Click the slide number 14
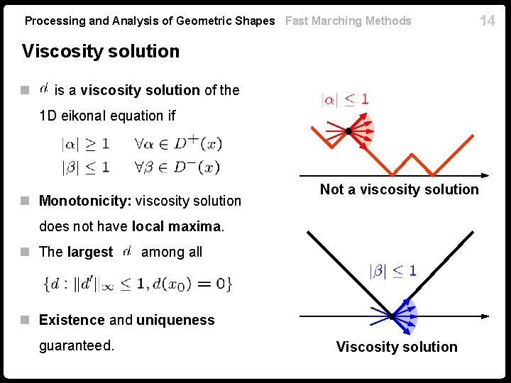[x=488, y=20]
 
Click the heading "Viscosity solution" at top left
[x=101, y=52]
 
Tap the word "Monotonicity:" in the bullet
[x=84, y=201]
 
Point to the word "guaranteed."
[x=77, y=346]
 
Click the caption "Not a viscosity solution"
[x=400, y=189]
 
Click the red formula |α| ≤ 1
[x=345, y=99]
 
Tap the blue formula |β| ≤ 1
[x=392, y=270]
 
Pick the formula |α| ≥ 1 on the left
[x=85, y=144]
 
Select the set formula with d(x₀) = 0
[x=138, y=284]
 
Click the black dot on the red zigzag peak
[x=348, y=131]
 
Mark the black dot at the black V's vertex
[x=392, y=316]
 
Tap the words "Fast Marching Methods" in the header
[x=348, y=21]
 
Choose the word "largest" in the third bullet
[x=90, y=252]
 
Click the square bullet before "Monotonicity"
[x=26, y=201]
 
